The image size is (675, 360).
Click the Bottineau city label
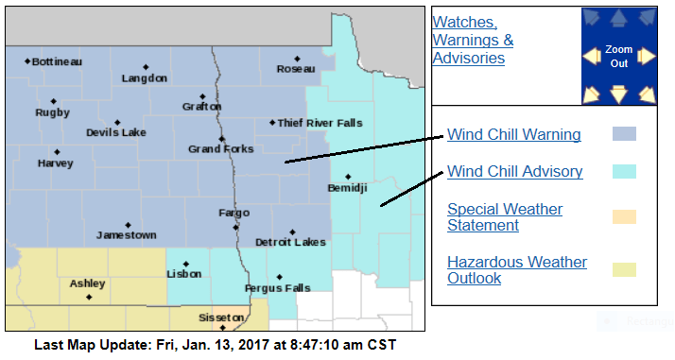[57, 62]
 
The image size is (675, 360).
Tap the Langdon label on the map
[144, 78]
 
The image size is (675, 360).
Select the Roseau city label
[295, 69]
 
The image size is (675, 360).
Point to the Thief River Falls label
[320, 123]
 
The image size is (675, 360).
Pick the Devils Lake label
[115, 133]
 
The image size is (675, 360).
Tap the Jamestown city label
[127, 235]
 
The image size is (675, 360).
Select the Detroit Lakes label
[290, 243]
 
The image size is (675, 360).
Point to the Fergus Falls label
[277, 288]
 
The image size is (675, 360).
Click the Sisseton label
[223, 318]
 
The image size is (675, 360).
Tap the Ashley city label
[87, 283]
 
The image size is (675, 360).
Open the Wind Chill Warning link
[513, 134]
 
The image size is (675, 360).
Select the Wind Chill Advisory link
[514, 172]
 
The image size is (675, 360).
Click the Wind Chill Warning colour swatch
[624, 134]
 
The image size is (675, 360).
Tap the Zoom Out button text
[618, 57]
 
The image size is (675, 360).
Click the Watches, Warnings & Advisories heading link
[473, 41]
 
